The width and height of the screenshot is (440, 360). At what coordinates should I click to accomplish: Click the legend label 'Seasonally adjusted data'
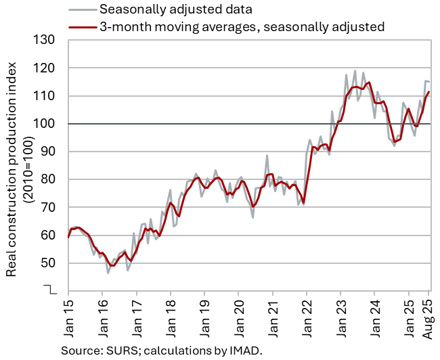[166, 9]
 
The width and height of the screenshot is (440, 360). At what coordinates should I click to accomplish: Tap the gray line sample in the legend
[81, 9]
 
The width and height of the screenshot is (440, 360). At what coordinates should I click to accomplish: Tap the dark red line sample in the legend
[81, 27]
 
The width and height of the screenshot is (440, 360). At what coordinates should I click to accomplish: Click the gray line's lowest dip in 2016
[108, 273]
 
